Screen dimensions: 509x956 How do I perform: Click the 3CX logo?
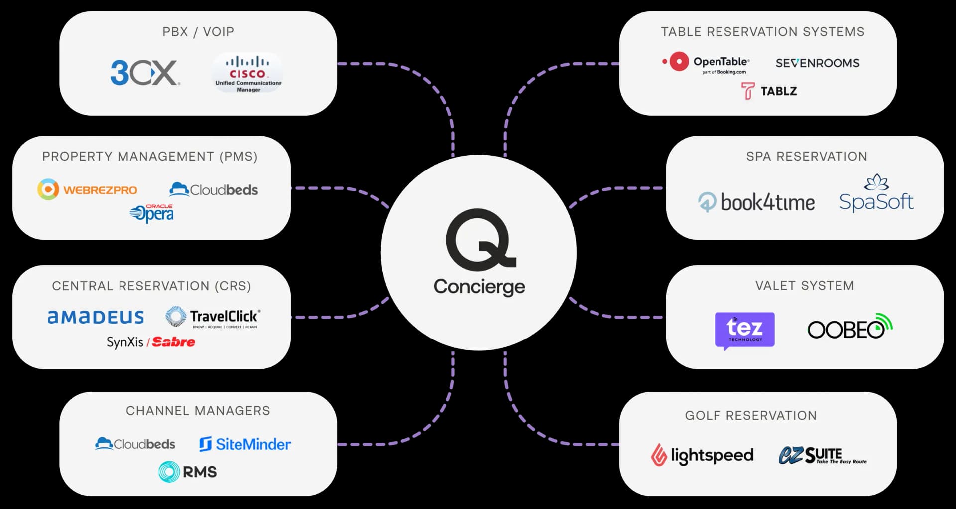point(144,73)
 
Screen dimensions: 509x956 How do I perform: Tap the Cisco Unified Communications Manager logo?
point(247,74)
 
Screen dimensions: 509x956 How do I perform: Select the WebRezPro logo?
point(87,190)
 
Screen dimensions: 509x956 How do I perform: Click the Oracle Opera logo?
point(152,213)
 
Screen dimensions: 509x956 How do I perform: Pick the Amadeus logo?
point(96,317)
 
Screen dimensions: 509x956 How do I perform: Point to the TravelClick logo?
point(213,317)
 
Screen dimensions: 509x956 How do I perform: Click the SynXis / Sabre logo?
point(151,342)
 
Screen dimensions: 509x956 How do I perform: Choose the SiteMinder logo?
point(245,444)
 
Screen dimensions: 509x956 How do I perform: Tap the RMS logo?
point(188,471)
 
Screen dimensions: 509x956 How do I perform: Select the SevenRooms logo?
point(817,63)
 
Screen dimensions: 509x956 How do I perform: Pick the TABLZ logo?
point(769,91)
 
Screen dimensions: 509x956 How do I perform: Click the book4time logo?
point(756,202)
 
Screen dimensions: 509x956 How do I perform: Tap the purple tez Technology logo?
point(744,330)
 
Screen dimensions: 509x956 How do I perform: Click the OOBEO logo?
point(849,327)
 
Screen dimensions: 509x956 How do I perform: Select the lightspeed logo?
point(703,455)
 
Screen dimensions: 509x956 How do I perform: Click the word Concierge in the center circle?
point(479,287)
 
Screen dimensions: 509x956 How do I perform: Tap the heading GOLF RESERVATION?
point(750,415)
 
